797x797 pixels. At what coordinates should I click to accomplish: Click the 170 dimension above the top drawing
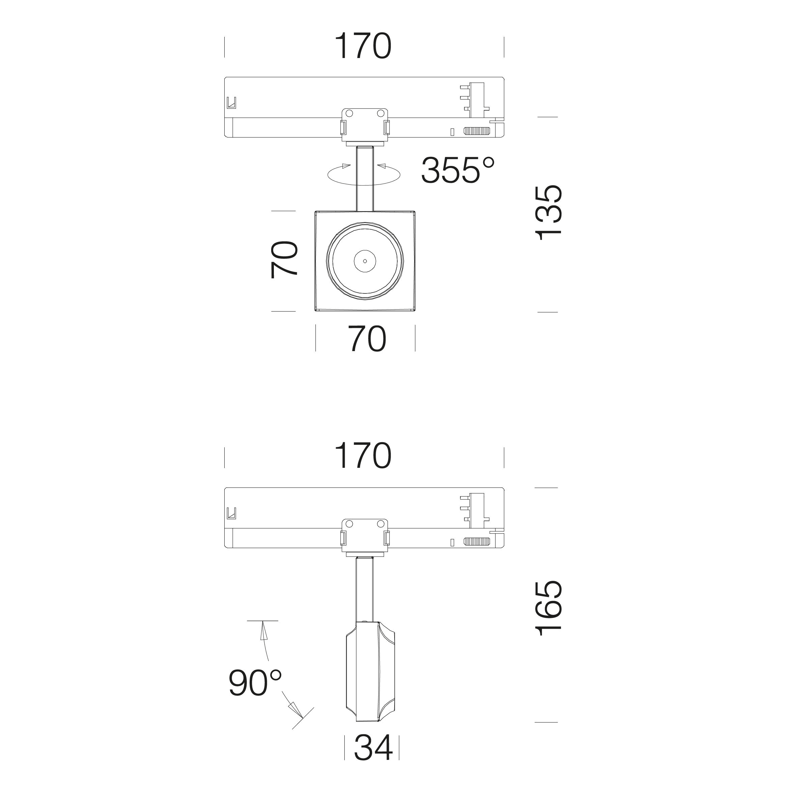[x=363, y=46]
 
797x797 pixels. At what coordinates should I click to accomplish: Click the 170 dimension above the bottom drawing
[x=363, y=456]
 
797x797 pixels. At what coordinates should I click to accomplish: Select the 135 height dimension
[x=549, y=212]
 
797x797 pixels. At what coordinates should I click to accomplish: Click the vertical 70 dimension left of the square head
[x=284, y=260]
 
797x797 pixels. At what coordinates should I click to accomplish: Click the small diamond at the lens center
[x=365, y=261]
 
